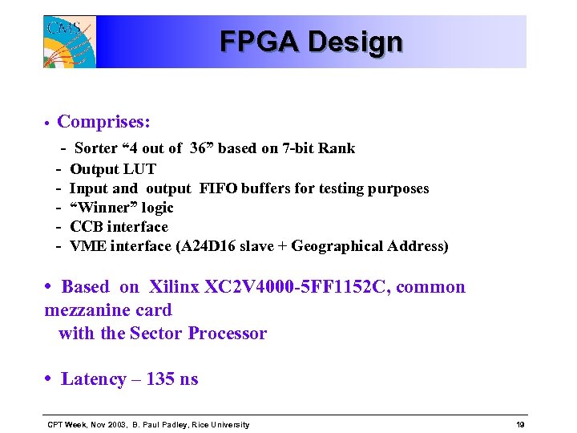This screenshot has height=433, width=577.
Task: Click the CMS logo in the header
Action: (x=70, y=42)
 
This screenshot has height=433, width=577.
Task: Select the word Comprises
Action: (x=103, y=122)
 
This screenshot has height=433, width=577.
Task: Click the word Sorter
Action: (x=95, y=148)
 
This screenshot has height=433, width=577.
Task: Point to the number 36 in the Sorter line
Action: (x=199, y=148)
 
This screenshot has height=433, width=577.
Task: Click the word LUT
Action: (x=140, y=169)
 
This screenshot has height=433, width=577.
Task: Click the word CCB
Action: (x=88, y=227)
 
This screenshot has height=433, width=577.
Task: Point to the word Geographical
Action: (x=337, y=246)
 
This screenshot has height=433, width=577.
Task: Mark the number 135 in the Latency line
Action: (x=160, y=379)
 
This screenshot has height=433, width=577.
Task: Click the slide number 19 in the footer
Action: (x=520, y=425)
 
